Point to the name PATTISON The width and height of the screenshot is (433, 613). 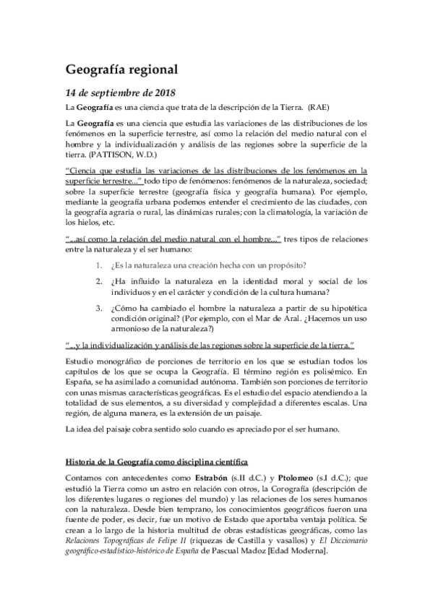111,154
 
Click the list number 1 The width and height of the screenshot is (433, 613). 100,265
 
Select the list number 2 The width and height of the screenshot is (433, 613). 100,281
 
